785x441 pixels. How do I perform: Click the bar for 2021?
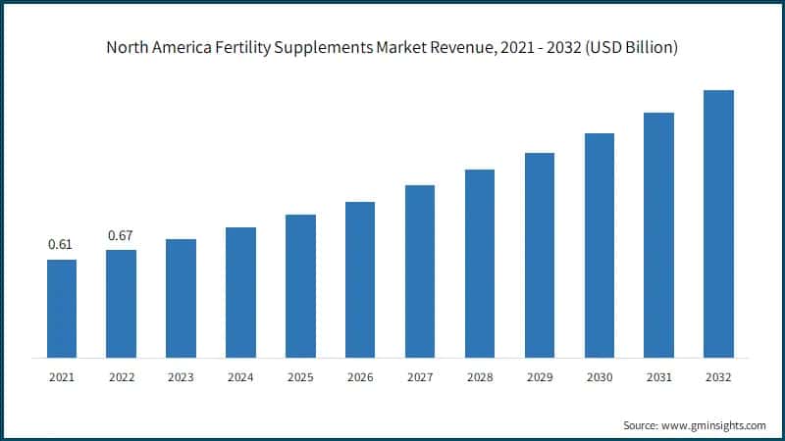coord(62,308)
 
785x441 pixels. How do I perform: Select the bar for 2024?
coord(240,292)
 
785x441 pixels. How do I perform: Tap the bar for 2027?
coord(420,270)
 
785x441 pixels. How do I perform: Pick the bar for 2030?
coord(600,245)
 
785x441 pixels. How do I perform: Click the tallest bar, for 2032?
coord(718,223)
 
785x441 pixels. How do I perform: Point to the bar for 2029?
coord(540,255)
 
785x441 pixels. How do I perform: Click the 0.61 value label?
coord(61,244)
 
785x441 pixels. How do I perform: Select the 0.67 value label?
coord(121,235)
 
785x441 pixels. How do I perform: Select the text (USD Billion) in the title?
coord(627,46)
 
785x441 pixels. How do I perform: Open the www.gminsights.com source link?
coord(713,425)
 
